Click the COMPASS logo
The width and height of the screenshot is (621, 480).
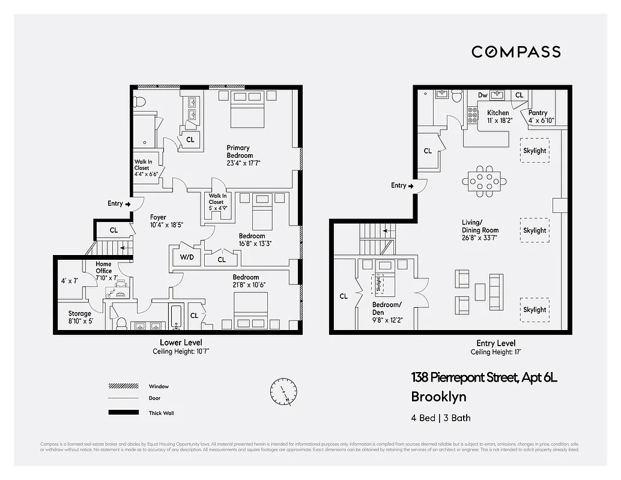pos(516,52)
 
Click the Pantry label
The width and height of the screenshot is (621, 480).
pos(538,113)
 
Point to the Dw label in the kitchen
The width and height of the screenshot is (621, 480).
pos(482,95)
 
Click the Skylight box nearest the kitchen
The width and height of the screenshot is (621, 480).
pos(535,151)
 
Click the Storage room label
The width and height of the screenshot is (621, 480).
pos(80,313)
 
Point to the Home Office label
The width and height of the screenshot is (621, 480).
pos(104,268)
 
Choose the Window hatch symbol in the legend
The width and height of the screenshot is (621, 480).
pos(123,386)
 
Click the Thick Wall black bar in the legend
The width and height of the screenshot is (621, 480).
pos(123,413)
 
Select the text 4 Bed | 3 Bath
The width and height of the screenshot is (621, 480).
pos(440,418)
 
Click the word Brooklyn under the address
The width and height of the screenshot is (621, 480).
pos(438,397)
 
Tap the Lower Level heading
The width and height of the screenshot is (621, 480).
pos(181,343)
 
